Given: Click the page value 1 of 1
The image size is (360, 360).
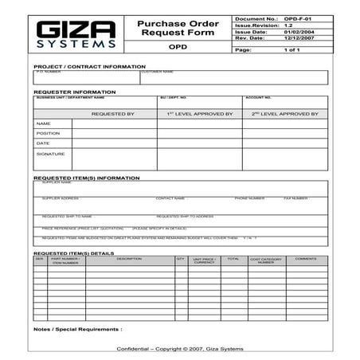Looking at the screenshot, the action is click(292, 50).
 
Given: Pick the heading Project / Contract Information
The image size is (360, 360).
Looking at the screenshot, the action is click(89, 67).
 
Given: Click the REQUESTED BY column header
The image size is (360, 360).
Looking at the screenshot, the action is click(112, 114).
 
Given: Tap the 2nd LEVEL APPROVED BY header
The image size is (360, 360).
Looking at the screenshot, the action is click(284, 114).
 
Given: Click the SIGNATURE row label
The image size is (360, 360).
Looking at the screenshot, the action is click(50, 154).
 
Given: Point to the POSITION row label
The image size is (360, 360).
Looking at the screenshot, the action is click(49, 133).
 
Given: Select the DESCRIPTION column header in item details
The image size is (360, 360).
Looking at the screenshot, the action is click(129, 259).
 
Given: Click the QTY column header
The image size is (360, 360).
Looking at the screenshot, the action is click(180, 259).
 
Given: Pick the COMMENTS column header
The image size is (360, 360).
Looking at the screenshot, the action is click(306, 259).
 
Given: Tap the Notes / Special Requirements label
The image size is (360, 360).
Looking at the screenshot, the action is click(78, 328).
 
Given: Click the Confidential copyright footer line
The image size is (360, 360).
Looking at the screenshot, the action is click(180, 350).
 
